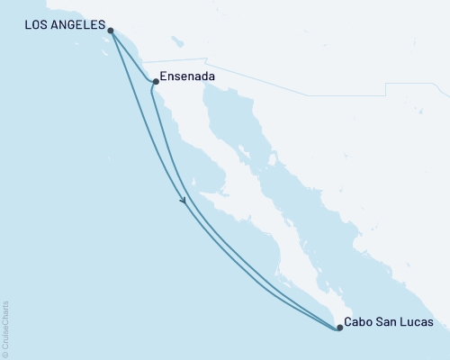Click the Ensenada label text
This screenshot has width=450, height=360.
pyautogui.click(x=186, y=77)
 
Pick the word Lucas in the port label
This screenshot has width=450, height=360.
pyautogui.click(x=417, y=322)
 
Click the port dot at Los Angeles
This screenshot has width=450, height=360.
pyautogui.click(x=110, y=31)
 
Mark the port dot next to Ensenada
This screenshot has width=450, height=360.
pyautogui.click(x=156, y=83)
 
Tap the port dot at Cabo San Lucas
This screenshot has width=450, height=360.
pyautogui.click(x=339, y=328)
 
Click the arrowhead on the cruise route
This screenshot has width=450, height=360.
pyautogui.click(x=184, y=200)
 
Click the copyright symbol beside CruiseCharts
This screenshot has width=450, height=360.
pyautogui.click(x=5, y=353)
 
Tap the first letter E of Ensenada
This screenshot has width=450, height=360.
pyautogui.click(x=163, y=77)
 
